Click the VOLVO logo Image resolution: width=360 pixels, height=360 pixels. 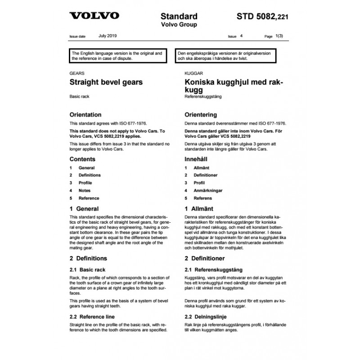pos(94,16)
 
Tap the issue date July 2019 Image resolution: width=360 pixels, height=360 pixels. pos(107,35)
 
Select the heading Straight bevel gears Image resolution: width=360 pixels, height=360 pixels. pos(106,82)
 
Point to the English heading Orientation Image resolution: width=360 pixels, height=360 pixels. pos(85,115)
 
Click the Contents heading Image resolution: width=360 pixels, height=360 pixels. pos(82,159)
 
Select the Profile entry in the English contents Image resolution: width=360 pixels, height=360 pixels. pos(85,183)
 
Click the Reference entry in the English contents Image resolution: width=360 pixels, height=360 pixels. pos(89,198)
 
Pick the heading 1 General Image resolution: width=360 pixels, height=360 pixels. pos(84,209)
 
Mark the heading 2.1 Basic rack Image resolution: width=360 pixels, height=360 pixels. pos(88,270)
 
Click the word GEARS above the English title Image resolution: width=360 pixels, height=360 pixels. pos(76,73)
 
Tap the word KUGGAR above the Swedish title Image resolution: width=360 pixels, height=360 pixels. pos(193,73)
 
